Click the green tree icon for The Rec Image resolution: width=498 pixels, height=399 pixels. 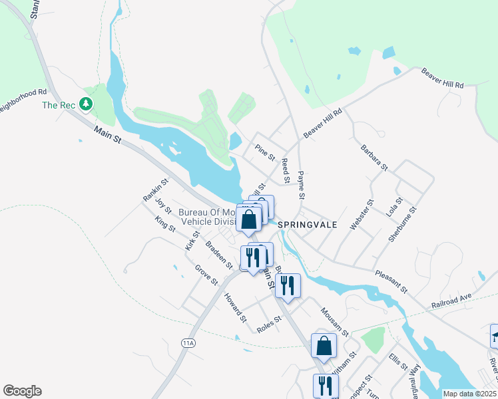point(85,104)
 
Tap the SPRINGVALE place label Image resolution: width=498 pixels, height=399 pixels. point(307,225)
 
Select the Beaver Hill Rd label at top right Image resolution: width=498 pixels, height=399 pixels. point(441,76)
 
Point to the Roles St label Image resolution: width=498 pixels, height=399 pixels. point(269,323)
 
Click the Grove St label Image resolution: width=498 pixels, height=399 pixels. point(206,274)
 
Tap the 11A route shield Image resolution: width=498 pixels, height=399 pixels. point(188,343)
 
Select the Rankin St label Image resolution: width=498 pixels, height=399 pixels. point(155,190)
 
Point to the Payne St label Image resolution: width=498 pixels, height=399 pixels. point(301,186)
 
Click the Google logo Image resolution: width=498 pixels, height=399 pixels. point(22,391)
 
